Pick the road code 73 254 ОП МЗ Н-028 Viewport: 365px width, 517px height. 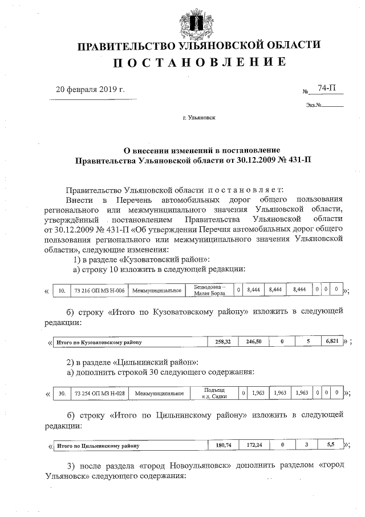(100, 394)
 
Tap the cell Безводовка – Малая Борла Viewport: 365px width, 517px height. (210, 290)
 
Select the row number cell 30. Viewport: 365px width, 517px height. (62, 394)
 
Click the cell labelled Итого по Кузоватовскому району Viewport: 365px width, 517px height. (97, 342)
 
